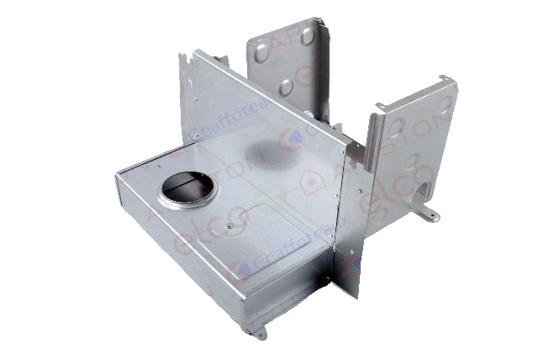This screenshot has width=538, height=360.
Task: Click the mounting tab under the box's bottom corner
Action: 261,332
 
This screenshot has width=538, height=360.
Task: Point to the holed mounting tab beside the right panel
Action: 431,215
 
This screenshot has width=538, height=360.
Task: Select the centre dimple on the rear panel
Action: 287,85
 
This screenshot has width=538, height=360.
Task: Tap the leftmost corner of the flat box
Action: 117,178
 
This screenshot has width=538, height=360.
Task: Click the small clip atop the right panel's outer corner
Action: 441,79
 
